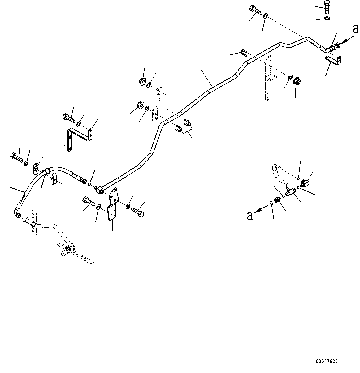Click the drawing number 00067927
327,362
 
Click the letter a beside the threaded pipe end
356,29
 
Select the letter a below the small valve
250,216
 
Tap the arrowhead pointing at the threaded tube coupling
344,41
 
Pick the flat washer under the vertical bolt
327,18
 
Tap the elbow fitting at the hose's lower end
17,213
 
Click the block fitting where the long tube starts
99,190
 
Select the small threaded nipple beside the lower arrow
277,200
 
